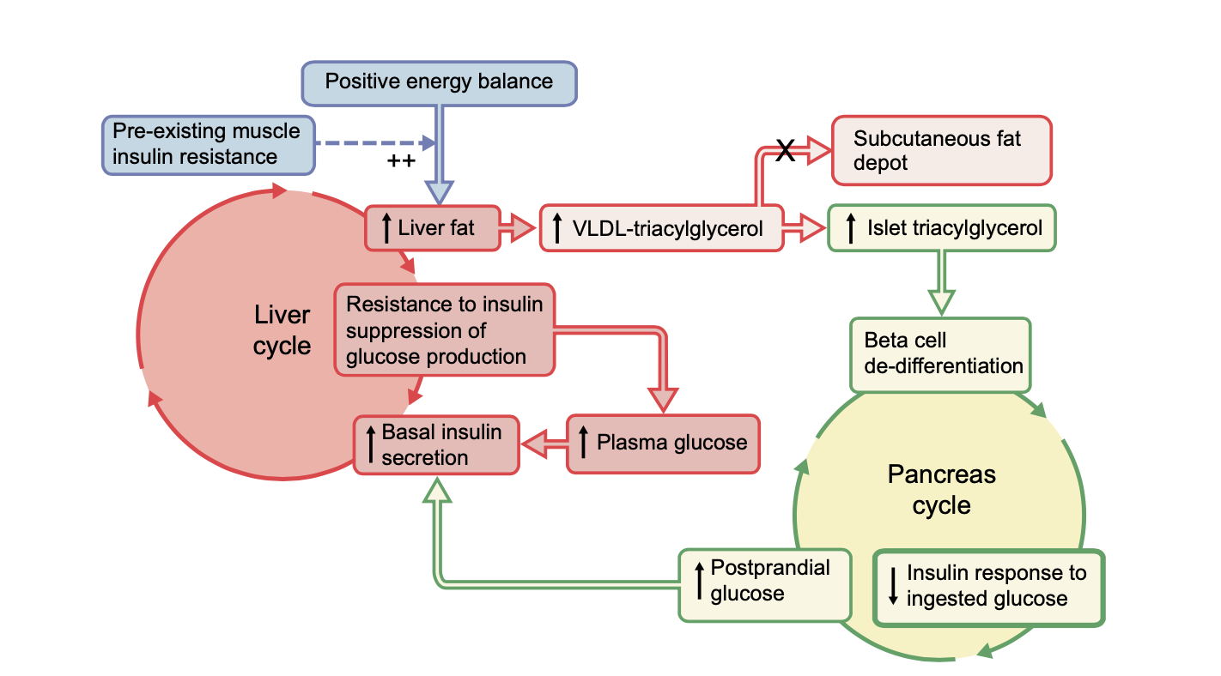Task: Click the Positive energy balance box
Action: click(x=440, y=82)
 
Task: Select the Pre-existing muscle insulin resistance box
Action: click(x=206, y=144)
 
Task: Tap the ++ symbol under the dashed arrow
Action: click(x=401, y=161)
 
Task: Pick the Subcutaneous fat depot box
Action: click(x=941, y=150)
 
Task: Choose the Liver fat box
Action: click(x=432, y=228)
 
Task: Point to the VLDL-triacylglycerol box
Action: click(x=661, y=228)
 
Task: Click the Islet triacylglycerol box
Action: click(x=941, y=228)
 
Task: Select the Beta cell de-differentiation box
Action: click(x=939, y=354)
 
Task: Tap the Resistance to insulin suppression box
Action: click(x=445, y=330)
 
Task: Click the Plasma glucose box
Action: click(x=663, y=444)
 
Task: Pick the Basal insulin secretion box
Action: click(x=437, y=444)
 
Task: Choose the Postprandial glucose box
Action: click(x=764, y=581)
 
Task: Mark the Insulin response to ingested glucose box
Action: click(x=987, y=587)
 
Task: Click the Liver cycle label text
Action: click(x=282, y=329)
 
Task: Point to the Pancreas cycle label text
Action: click(x=941, y=490)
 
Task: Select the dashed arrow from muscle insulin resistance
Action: click(x=374, y=144)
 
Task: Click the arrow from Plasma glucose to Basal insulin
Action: click(x=543, y=444)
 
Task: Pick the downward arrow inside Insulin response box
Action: click(x=893, y=587)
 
